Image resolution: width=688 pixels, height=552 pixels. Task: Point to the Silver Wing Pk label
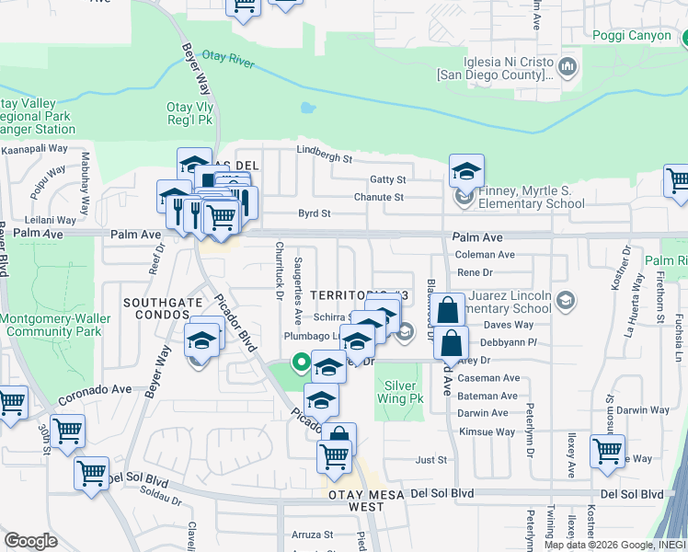point(404,392)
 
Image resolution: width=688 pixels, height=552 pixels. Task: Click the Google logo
point(30,541)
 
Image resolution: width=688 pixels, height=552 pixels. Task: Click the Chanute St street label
point(379,197)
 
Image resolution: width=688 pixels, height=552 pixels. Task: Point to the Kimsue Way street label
point(487,431)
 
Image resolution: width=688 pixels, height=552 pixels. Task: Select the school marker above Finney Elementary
point(466,171)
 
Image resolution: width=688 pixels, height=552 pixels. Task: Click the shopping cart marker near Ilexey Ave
point(607,452)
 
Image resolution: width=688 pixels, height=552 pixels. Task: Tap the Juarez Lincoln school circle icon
point(566,301)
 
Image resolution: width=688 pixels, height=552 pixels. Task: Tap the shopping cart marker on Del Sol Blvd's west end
point(91,474)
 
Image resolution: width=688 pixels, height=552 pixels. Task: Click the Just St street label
point(430,459)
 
